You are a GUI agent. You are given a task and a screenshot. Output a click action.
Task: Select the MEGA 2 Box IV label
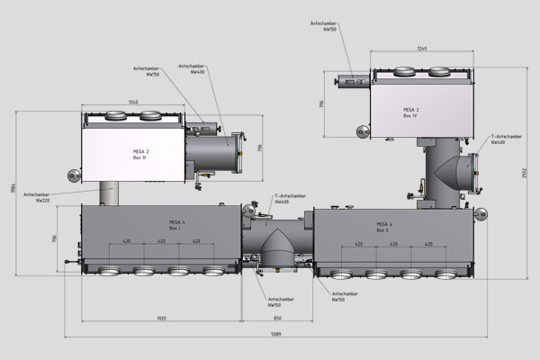(x=410, y=112)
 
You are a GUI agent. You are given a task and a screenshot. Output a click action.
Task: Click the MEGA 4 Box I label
(x=176, y=225)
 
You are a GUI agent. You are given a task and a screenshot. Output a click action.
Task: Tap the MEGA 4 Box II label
(x=382, y=227)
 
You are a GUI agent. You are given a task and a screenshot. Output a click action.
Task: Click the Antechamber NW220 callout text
(x=37, y=197)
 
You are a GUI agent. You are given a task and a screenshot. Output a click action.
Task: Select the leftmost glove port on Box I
(x=107, y=271)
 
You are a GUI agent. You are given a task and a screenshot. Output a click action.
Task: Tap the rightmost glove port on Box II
(x=442, y=275)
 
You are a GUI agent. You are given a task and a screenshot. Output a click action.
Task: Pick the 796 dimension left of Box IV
(x=323, y=106)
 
